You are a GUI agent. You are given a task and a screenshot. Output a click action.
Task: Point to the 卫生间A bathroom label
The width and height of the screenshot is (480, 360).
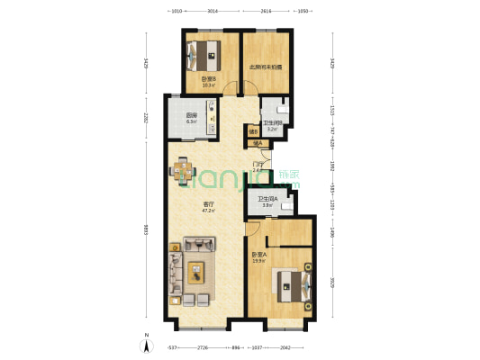[267, 201]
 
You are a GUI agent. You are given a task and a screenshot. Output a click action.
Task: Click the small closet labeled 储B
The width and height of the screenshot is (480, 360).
[254, 133]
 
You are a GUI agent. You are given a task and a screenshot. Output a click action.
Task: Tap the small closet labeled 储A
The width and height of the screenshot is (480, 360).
[258, 142]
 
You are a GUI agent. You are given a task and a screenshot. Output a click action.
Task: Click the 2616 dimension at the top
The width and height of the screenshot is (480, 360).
[267, 12]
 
